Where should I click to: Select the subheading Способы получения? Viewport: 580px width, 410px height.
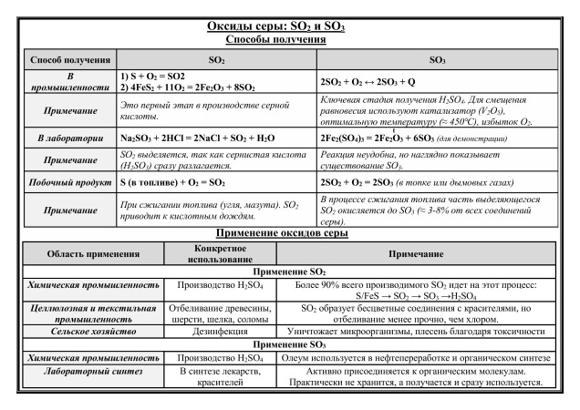pos(290,39)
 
